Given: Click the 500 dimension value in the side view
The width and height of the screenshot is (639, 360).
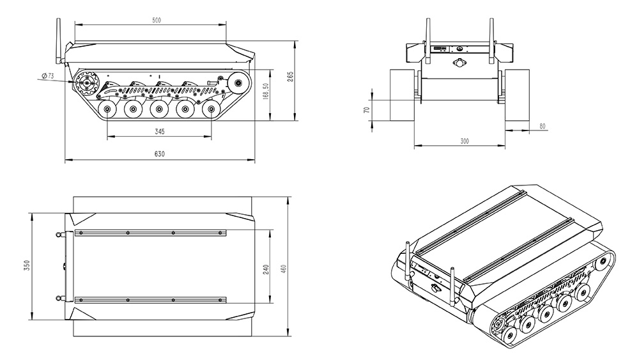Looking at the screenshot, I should point(157,20).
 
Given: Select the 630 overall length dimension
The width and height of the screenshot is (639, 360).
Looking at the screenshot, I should point(159,154).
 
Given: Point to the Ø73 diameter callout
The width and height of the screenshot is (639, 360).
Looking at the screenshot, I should point(47,75).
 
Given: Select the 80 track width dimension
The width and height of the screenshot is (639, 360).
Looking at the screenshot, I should point(542,126).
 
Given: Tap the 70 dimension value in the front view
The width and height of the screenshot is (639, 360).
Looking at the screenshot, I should point(366,110).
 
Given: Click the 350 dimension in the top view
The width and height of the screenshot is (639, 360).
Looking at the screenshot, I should point(27,265).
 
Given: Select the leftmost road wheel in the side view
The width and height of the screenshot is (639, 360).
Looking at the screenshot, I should point(107,111).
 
